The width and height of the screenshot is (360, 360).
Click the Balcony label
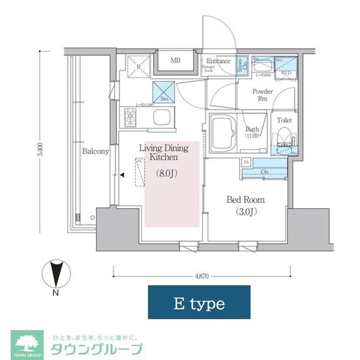pos(96,151)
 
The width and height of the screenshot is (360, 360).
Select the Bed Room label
pos(245,200)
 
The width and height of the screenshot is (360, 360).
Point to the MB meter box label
pos(175,61)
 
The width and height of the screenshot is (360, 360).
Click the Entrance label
pos(218,61)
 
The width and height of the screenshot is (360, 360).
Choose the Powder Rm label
pos(262,95)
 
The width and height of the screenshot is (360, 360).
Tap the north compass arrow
pos(55,274)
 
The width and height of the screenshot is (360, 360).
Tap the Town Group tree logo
pos(26,341)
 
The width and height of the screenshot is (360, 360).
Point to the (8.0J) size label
pos(166,174)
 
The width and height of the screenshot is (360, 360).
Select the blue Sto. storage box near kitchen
pos(164,91)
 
